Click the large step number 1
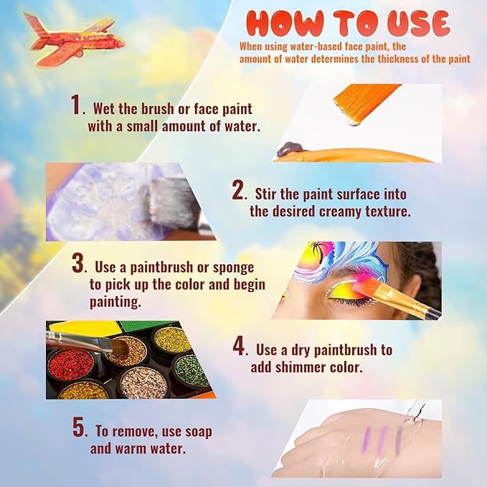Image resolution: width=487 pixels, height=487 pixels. pyautogui.click(x=76, y=105)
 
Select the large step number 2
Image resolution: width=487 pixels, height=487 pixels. pyautogui.click(x=239, y=190)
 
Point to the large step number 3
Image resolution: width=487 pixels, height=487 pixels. pyautogui.click(x=77, y=263)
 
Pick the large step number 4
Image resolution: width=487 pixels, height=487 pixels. pyautogui.click(x=239, y=346)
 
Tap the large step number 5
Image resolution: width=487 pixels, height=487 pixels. pyautogui.click(x=79, y=427)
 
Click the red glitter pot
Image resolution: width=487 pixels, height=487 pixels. pyautogui.click(x=71, y=364)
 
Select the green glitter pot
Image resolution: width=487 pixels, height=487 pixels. pyautogui.click(x=190, y=371)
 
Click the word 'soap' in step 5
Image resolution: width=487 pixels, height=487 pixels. pyautogui.click(x=199, y=432)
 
